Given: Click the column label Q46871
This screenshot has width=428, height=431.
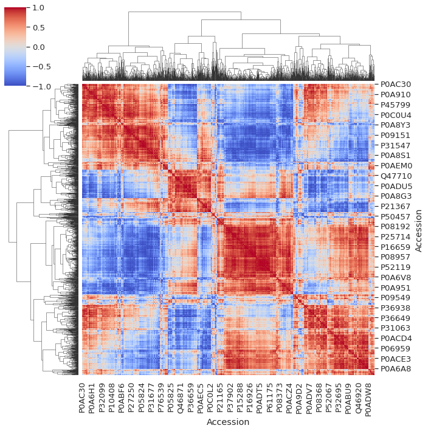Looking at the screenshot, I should pyautogui.click(x=181, y=397).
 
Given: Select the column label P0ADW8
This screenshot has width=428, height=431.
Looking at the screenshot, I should pyautogui.click(x=369, y=397).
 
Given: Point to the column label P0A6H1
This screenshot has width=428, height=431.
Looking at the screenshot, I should pyautogui.click(x=92, y=397).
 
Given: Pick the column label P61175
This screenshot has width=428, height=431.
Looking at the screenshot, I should pyautogui.click(x=269, y=397).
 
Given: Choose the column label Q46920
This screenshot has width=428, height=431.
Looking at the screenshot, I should pyautogui.click(x=359, y=397).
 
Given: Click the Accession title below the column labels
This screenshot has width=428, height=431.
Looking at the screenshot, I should pyautogui.click(x=228, y=422).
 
